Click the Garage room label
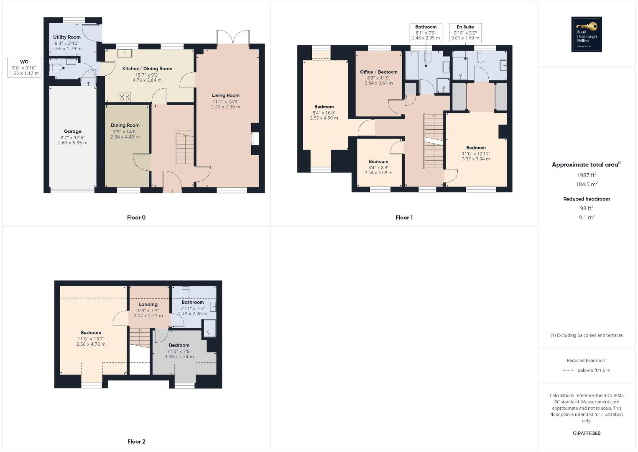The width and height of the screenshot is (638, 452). click(x=73, y=131)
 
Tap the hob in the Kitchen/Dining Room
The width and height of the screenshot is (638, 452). click(x=125, y=97)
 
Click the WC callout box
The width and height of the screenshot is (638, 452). click(x=24, y=67)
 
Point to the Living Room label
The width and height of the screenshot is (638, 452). click(x=226, y=95)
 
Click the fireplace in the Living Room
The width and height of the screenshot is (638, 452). click(x=255, y=139)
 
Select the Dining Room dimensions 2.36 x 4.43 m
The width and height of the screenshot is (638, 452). click(x=125, y=137)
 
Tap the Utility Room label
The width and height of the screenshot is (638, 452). click(x=67, y=37)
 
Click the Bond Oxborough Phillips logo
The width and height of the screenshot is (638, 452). click(x=587, y=34)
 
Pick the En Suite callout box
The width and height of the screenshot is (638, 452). click(x=465, y=33)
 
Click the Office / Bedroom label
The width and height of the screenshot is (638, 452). click(x=378, y=72)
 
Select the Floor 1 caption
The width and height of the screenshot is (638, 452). click(x=404, y=218)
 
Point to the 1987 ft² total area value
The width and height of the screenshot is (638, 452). click(x=587, y=175)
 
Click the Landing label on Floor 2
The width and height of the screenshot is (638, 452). click(x=148, y=305)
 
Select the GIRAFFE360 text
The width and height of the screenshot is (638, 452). click(x=587, y=433)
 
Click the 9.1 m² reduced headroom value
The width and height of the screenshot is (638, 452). click(x=587, y=217)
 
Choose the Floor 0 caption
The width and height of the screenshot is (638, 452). click(x=136, y=218)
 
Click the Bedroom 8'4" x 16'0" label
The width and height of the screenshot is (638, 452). click(x=324, y=107)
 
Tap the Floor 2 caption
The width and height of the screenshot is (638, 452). click(x=136, y=442)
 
